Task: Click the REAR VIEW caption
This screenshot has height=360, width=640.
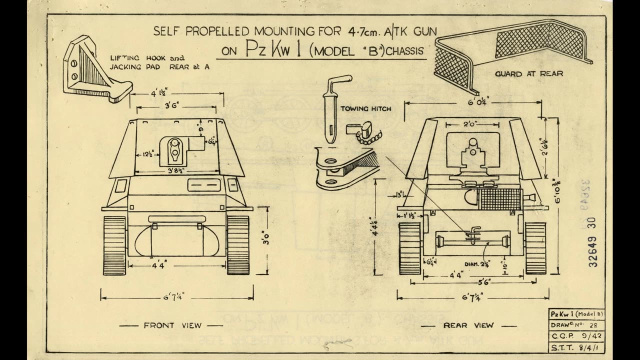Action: click(x=468, y=325)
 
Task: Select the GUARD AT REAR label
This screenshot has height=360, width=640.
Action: click(x=529, y=73)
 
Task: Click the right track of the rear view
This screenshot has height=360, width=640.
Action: click(x=535, y=246)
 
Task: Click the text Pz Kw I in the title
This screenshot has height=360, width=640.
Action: click(x=272, y=50)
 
